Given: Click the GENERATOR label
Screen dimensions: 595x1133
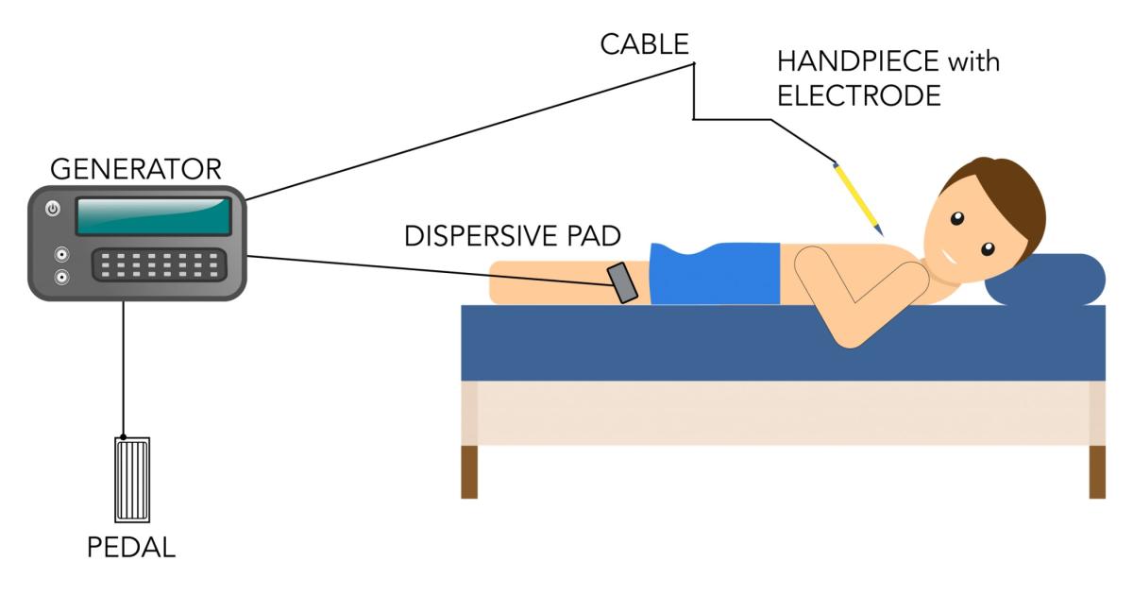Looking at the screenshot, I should (135, 170).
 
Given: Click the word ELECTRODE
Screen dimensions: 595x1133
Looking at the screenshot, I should (858, 96).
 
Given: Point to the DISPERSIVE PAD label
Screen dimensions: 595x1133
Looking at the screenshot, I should (513, 236).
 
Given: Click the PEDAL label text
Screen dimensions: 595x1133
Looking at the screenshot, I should (131, 548).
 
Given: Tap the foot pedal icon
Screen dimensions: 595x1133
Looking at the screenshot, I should (131, 479).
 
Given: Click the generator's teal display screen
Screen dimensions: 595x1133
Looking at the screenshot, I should (153, 216).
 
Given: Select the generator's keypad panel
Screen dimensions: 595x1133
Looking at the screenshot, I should (159, 264).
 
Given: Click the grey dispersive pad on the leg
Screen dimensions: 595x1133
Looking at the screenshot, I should (623, 282).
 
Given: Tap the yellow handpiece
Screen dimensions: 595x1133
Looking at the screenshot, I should (857, 199).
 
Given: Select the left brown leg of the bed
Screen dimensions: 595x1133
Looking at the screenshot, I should (469, 471).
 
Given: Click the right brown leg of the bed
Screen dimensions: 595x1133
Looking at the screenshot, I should (1097, 471).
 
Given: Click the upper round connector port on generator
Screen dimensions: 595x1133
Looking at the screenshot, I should (62, 255).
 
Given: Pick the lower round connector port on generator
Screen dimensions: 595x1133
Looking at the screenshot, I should (62, 278).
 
